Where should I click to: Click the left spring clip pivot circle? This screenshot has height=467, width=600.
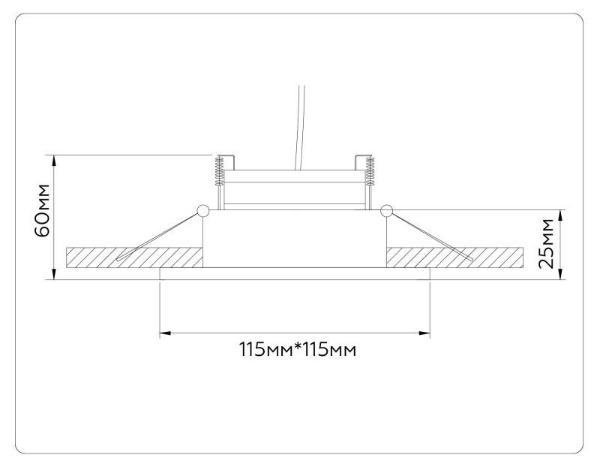[203, 211]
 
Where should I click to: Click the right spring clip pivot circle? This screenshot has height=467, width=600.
[387, 211]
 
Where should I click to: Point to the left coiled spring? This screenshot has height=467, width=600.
[219, 170]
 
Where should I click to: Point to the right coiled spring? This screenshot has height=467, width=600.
[370, 170]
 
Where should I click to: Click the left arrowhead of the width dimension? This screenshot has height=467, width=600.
[164, 331]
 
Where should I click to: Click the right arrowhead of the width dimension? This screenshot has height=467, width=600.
[425, 331]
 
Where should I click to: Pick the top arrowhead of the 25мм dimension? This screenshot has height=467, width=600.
[561, 214]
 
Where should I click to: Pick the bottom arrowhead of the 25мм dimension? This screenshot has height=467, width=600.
[561, 275]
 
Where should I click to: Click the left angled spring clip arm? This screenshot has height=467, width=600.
[157, 237]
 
